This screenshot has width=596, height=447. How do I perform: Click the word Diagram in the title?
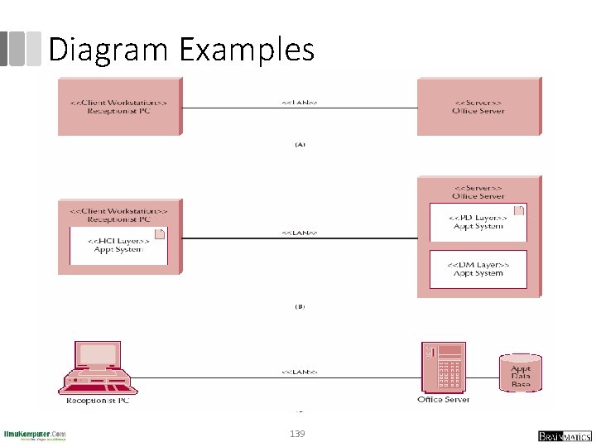(x=109, y=50)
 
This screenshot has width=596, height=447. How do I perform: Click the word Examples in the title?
(x=247, y=50)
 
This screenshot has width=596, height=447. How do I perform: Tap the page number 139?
(x=297, y=434)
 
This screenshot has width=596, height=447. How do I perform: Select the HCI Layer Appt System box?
(x=118, y=244)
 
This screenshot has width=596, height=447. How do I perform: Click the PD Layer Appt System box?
(x=478, y=222)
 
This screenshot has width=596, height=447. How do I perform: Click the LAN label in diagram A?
(x=299, y=103)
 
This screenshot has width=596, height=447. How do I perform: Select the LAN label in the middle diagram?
(x=299, y=233)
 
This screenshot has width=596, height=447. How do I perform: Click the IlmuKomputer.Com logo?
(x=35, y=435)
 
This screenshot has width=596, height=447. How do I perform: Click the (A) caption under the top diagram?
(x=300, y=143)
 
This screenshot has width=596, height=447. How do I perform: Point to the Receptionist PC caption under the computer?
(x=98, y=401)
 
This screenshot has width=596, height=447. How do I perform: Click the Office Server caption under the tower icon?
(x=443, y=400)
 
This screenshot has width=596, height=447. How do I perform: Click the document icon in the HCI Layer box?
(x=161, y=234)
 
